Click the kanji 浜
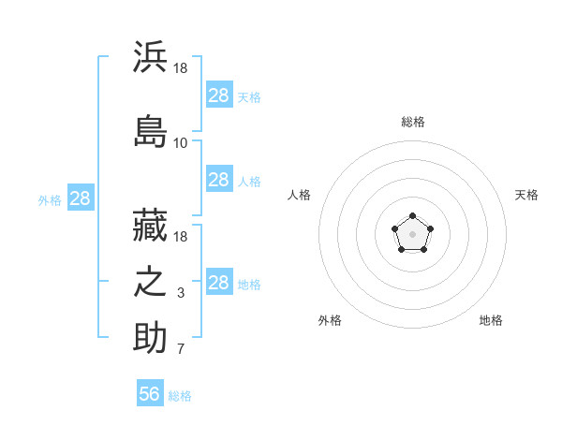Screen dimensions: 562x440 150,56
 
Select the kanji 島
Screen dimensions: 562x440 150,131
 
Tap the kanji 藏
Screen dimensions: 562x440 150,225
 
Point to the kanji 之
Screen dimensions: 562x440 150,282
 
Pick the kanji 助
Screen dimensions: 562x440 150,337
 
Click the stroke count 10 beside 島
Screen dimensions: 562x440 180,143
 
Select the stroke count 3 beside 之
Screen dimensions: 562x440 181,293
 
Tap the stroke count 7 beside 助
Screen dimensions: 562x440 181,348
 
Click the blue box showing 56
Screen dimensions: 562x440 150,392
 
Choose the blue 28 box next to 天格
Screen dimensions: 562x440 219,94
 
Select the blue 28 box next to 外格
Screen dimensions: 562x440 81,198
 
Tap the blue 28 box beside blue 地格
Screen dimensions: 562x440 219,281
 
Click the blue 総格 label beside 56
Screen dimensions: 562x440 180,396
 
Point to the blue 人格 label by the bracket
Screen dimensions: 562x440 249,182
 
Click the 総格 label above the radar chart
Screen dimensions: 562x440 413,122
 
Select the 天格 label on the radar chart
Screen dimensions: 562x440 526,195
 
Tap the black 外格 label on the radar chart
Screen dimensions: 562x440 330,320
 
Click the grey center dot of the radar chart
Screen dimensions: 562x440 412,234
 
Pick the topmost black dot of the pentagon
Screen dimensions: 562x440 412,215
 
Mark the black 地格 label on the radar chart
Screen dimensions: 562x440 491,320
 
